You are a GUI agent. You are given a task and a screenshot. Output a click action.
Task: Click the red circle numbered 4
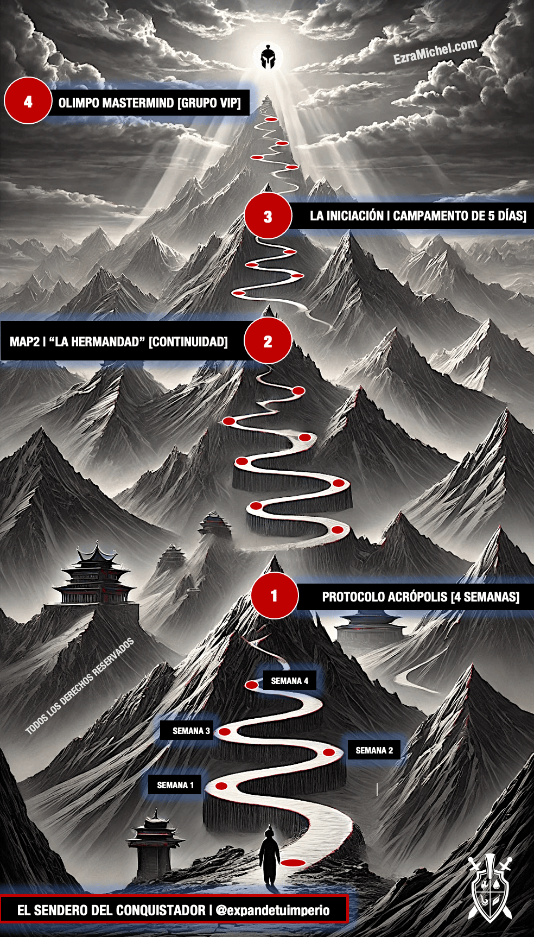28,101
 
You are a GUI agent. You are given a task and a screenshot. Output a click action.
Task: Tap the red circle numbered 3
268,216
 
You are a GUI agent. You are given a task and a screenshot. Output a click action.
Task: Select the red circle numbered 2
268,341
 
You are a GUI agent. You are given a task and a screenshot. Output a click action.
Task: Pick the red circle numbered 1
275,596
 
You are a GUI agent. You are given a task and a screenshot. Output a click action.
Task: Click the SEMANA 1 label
175,785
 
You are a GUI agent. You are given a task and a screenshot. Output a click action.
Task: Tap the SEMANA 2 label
374,750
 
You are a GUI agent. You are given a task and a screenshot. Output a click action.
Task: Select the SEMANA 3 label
190,731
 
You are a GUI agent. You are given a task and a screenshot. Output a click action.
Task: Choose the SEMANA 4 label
289,681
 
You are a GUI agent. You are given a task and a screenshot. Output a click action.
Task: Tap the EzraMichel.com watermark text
435,52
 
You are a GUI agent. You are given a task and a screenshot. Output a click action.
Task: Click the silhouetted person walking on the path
269,854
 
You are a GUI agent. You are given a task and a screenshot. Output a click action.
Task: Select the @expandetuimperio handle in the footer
272,910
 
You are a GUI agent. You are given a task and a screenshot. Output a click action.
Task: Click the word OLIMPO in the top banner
78,103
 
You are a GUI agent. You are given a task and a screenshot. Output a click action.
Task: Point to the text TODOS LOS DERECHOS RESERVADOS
80,686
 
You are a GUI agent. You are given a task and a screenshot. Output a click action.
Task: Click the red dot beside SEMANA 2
329,752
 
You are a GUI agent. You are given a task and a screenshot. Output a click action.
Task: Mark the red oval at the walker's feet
293,863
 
